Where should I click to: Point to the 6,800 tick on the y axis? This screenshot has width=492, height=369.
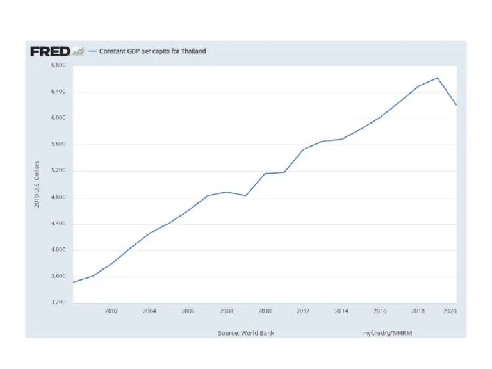[58, 65]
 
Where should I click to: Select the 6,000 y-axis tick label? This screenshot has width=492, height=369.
[58, 119]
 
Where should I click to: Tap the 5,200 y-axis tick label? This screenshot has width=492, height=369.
[58, 171]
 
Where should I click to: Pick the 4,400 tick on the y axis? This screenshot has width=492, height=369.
[58, 224]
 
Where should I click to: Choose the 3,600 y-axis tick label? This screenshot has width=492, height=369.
[58, 277]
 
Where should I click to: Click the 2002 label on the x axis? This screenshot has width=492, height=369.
[111, 311]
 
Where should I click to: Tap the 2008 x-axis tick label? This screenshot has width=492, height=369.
[226, 311]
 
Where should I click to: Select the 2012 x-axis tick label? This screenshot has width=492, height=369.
[303, 311]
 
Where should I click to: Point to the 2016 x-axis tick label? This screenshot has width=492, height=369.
[380, 311]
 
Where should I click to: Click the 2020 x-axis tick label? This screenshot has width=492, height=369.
[450, 311]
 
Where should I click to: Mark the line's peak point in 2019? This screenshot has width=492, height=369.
[437, 78]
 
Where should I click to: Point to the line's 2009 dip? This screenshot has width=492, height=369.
[245, 195]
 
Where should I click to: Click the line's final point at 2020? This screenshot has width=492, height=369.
[456, 105]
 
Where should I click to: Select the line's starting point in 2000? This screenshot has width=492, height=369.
[73, 282]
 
